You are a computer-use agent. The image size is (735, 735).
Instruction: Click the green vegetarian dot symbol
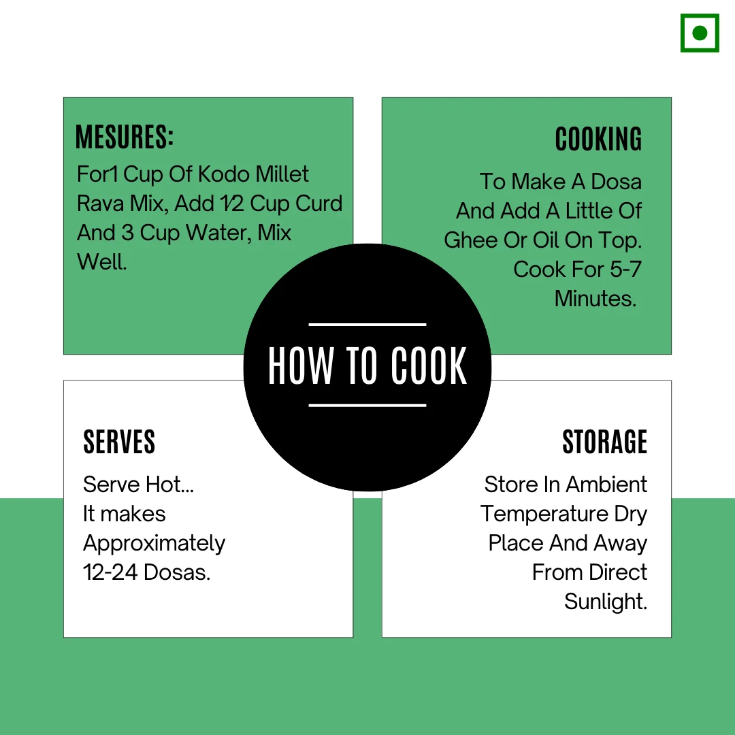pos(700,33)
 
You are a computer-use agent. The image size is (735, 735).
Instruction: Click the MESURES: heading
pos(125,137)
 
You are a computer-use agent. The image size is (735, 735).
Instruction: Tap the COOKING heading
pos(598,140)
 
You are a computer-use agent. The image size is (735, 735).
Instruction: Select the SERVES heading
pos(119,442)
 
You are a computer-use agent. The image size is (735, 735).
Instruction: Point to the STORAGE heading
pos(605,442)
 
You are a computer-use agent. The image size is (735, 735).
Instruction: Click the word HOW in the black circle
pos(301,365)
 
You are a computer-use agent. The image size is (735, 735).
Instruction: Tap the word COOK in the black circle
pos(429,365)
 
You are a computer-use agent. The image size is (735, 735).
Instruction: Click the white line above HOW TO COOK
pos(367,325)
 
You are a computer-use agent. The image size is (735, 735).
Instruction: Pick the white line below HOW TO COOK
pos(367,406)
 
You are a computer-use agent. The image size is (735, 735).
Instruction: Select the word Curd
pos(319,203)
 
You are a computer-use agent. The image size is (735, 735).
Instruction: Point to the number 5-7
pos(624,269)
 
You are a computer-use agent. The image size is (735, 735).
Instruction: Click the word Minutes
pos(595,299)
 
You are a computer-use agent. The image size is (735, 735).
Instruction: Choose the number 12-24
pos(110,572)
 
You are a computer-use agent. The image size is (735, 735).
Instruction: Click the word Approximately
pos(154,544)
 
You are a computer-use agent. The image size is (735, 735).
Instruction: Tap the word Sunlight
pos(606,602)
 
